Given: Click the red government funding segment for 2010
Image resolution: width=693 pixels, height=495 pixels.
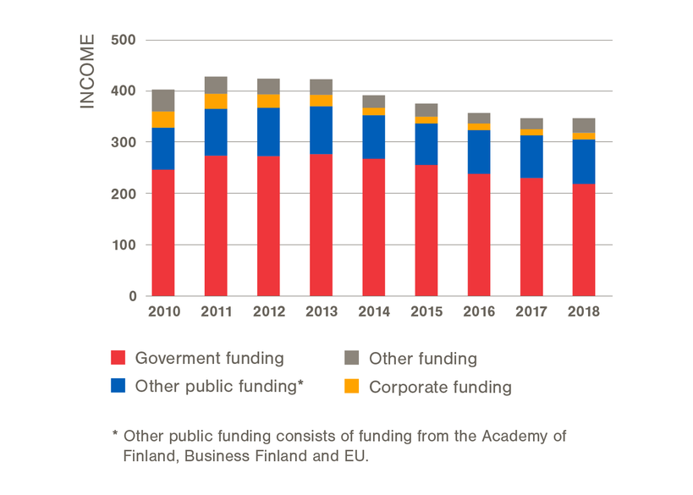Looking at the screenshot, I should (163, 233).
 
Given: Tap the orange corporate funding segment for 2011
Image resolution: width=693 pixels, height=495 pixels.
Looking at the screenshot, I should (216, 102).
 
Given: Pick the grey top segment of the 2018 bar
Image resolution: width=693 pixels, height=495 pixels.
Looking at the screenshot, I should (583, 125).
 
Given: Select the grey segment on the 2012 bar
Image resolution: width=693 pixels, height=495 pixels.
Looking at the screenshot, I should (268, 86).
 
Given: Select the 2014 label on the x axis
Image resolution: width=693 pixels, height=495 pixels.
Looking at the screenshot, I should (373, 311).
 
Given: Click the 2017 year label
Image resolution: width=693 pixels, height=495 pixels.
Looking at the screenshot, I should (531, 311).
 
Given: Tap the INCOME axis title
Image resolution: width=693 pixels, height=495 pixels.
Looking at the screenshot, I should (87, 72).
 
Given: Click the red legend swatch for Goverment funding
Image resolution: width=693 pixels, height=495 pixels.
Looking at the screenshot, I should (119, 359).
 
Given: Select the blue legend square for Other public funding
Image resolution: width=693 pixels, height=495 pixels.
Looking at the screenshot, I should (119, 387).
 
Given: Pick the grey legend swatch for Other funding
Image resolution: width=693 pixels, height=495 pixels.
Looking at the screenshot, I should (352, 359).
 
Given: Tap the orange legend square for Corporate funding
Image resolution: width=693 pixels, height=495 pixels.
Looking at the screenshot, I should (352, 387).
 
